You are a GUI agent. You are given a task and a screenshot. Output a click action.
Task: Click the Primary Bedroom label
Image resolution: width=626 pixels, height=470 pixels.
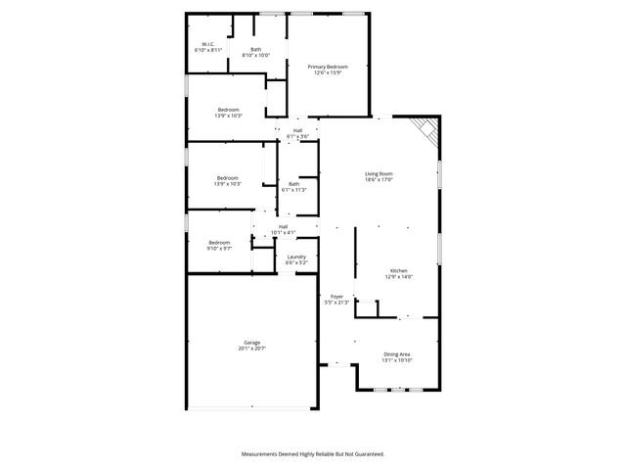tap(330, 67)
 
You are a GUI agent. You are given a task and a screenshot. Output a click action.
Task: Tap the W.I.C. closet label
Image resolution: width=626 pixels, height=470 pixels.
tap(208, 44)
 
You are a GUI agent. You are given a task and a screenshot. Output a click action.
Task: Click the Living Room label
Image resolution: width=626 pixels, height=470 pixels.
tap(379, 173)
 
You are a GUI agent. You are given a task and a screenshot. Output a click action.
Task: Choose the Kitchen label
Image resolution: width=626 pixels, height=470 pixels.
tap(399, 270)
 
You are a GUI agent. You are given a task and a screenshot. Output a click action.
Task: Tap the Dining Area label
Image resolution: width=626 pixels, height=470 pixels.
tap(397, 353)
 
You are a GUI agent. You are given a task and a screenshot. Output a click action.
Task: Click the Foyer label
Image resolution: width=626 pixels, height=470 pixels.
tap(336, 296)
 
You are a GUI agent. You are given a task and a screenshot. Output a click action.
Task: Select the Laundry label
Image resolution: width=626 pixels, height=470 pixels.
tap(296, 257)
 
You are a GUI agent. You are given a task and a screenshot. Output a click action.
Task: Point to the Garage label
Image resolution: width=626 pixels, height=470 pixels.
tap(251, 342)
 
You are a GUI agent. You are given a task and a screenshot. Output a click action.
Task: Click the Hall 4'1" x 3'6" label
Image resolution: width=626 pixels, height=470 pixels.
tap(297, 130)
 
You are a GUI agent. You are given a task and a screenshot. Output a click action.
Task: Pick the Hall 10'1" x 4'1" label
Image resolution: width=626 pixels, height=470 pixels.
tap(283, 227)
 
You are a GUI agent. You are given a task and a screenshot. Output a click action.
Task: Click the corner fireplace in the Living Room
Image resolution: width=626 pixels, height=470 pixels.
tap(425, 127)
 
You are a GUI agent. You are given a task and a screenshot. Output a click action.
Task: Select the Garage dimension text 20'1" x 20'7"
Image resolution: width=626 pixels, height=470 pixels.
tap(251, 349)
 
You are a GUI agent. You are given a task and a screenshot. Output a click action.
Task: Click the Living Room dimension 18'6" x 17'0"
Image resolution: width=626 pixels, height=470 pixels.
tap(379, 180)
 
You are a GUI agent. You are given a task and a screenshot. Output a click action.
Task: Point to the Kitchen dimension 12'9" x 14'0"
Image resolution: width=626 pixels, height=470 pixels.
tap(399, 277)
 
